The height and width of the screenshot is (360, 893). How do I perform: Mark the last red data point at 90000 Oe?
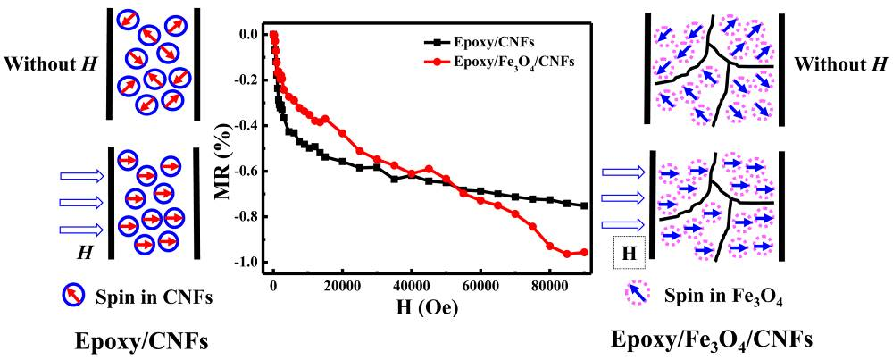pos(585,252)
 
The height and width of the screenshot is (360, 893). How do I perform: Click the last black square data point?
pos(585,205)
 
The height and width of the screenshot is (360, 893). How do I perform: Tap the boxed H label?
pos(628,255)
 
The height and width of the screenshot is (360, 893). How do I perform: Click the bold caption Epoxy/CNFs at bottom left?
pos(134,339)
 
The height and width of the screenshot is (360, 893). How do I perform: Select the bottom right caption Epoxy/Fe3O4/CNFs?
pos(712,339)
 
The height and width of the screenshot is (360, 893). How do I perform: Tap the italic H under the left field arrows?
pos(86,253)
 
